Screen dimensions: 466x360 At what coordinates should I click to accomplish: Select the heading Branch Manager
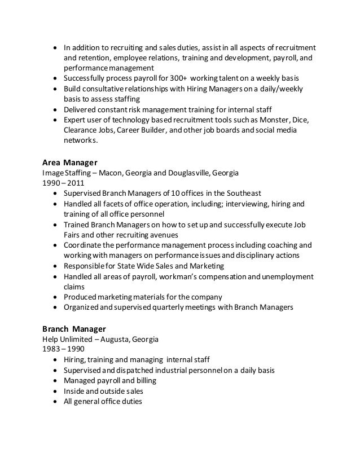74,328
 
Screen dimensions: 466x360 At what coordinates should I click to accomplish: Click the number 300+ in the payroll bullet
178,77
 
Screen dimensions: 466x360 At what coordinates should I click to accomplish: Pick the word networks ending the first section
80,140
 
